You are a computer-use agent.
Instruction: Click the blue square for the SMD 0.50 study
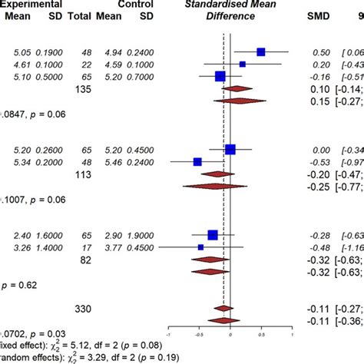pyautogui.click(x=260, y=51)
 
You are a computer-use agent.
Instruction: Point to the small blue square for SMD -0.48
pyautogui.click(x=200, y=247)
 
